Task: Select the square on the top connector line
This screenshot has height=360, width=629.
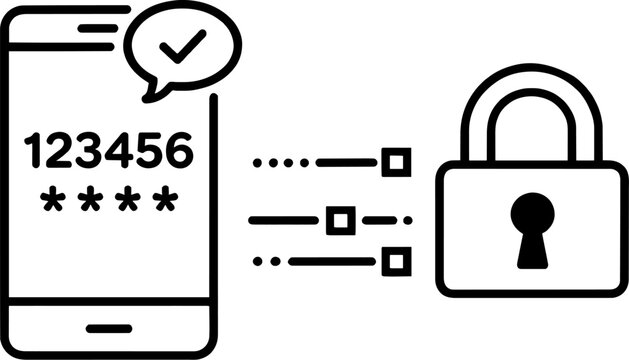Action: coord(398,161)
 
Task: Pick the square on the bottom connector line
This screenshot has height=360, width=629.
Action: coord(397,262)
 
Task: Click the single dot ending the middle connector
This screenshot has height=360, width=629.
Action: coord(408,219)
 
